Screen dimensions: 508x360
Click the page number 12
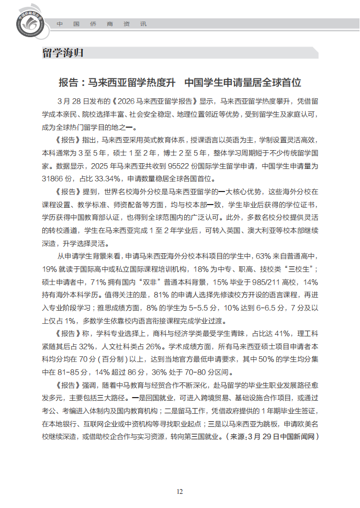179,491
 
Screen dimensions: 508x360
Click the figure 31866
53,178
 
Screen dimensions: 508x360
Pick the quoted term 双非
152,282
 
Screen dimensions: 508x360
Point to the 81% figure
164,295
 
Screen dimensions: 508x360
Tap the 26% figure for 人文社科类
161,346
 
